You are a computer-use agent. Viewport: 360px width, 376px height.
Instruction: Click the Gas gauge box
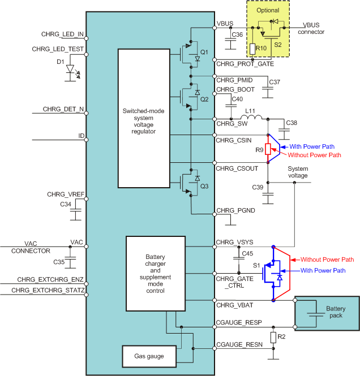[149, 356]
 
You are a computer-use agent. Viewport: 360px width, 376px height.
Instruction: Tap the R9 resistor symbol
[268, 150]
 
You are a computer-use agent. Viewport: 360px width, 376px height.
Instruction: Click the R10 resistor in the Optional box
[252, 49]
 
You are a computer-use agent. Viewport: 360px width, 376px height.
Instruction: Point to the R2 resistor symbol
[273, 338]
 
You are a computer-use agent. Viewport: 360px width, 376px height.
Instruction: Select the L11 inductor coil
[253, 118]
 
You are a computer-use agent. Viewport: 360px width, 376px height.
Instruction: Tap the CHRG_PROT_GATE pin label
[245, 64]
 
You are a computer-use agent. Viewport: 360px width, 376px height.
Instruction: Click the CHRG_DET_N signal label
[63, 109]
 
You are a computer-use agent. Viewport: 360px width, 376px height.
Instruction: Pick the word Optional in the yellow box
[268, 11]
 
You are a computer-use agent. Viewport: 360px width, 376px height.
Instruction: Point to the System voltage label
[298, 172]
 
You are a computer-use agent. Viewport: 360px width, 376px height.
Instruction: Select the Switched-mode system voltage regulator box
[143, 118]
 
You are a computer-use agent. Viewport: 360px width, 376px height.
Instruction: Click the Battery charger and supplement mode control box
[155, 274]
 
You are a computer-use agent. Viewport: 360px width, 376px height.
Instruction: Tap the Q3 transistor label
[205, 185]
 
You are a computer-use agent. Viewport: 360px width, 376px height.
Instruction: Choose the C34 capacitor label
[66, 204]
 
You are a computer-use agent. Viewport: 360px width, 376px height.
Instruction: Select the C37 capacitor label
[275, 83]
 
